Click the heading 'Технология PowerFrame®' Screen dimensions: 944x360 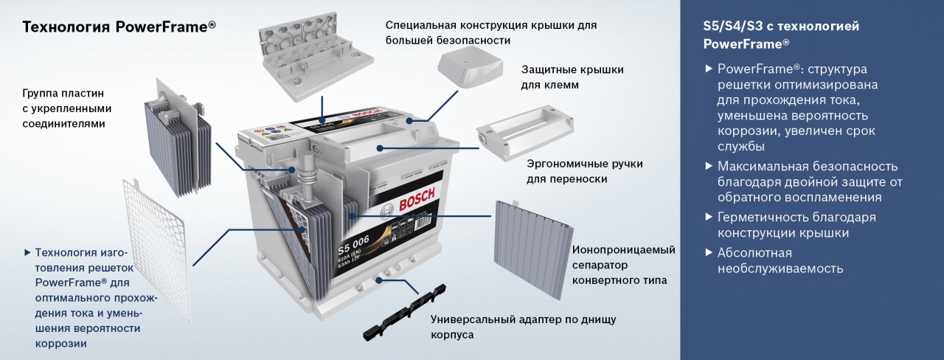[119, 27]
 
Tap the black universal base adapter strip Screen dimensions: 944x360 [405, 313]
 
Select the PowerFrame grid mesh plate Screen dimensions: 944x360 [157, 249]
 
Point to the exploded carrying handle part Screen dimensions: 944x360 [525, 131]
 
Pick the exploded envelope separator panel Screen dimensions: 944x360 [534, 249]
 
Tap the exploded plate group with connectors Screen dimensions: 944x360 [177, 137]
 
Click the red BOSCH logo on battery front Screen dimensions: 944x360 [417, 200]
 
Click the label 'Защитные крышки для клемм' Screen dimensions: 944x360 [572, 77]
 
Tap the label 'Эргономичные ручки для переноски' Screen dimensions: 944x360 [585, 171]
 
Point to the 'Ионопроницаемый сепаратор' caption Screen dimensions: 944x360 [623, 257]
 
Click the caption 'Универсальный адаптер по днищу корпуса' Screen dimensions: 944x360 [523, 327]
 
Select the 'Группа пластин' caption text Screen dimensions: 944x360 [63, 93]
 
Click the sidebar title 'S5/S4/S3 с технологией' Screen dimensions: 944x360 [781, 26]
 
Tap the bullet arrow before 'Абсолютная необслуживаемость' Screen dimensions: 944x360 [709, 252]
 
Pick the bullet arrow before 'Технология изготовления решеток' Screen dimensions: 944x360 [27, 252]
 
